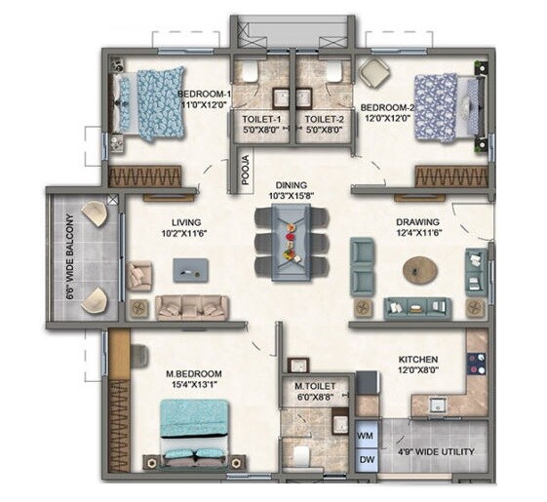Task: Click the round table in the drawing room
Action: (420, 269)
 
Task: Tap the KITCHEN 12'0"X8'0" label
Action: (416, 365)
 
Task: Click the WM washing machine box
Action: (366, 433)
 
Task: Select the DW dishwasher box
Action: (366, 459)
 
